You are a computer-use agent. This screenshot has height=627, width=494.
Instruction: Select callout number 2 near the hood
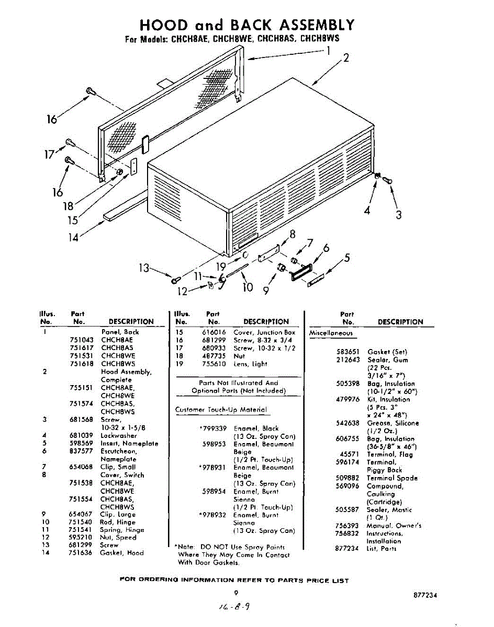tap(345, 57)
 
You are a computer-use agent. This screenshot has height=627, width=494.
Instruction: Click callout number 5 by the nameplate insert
tap(346, 258)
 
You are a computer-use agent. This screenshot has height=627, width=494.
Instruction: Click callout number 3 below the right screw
tap(398, 215)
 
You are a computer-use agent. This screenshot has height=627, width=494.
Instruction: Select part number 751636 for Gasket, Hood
tap(80, 553)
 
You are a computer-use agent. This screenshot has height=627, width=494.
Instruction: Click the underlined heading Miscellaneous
tap(331, 333)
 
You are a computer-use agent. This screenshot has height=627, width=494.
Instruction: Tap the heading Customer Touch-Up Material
tap(220, 410)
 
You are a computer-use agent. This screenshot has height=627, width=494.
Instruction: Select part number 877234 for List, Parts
tap(347, 549)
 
